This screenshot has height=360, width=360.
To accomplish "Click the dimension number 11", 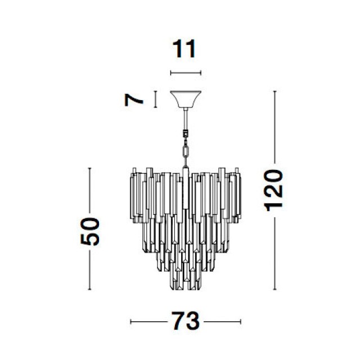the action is click(x=184, y=49).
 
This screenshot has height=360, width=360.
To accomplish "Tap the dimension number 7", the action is click(x=134, y=100).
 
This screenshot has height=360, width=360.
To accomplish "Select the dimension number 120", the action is click(x=273, y=190).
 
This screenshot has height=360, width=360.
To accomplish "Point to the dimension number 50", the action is click(x=90, y=231).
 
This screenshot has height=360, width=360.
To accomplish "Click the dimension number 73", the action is click(x=186, y=321).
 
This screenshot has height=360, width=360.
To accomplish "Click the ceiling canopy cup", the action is click(x=186, y=99).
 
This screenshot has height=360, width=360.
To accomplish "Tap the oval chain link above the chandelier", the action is click(x=186, y=151).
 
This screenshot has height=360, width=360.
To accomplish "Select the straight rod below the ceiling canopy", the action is click(x=186, y=119).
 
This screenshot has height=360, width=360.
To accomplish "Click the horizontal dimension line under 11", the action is click(x=186, y=73).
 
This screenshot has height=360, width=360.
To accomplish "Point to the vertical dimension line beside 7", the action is click(x=156, y=99).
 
